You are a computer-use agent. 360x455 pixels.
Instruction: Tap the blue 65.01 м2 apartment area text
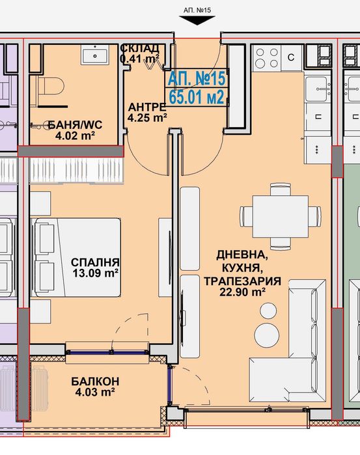197,97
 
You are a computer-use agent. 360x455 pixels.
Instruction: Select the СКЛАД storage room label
140,48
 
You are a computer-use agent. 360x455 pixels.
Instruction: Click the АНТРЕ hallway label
147,107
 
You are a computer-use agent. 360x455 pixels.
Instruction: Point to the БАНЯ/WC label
76,125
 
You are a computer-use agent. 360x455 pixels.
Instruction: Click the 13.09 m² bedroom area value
95,273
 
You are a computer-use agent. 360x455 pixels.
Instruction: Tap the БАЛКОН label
95,381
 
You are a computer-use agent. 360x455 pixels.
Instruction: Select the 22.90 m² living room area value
242,292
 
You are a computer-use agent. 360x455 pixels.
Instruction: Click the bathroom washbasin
95,56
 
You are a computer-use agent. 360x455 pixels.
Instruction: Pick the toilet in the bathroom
51,87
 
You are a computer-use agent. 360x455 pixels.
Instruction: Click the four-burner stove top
267,58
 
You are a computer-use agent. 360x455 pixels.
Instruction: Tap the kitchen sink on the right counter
318,89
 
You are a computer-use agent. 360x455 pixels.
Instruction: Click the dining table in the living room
281,217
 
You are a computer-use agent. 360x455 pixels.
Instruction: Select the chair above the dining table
281,189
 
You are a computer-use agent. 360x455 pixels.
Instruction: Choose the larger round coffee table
267,335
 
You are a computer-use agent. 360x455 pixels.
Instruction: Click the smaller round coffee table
268,310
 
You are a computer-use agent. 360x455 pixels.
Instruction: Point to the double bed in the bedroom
77,257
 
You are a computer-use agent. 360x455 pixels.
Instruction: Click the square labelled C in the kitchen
291,57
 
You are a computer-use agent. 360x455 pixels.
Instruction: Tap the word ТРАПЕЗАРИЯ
242,281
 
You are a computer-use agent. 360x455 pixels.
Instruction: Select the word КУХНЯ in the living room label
242,268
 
